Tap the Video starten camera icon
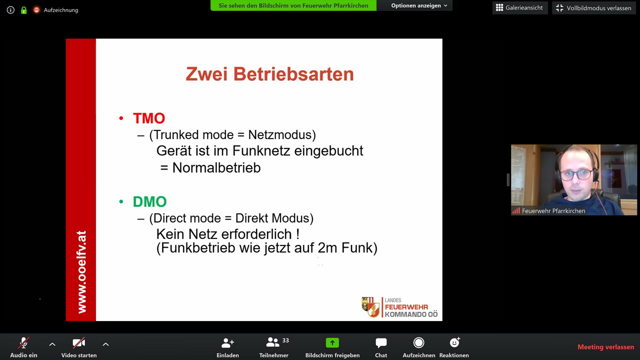[78, 343]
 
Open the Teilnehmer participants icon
[273, 342]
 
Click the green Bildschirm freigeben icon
[332, 342]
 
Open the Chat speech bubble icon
[381, 343]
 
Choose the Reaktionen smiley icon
[454, 342]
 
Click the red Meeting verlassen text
[605, 347]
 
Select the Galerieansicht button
[520, 7]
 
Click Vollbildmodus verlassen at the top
[593, 8]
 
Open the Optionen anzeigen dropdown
[419, 5]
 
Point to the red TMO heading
[149, 118]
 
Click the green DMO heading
[149, 201]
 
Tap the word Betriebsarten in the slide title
[293, 74]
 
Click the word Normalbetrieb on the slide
[216, 167]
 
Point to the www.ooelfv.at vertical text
[81, 271]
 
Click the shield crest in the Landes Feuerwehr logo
[371, 307]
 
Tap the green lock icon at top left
[23, 10]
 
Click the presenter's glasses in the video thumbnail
[576, 174]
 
